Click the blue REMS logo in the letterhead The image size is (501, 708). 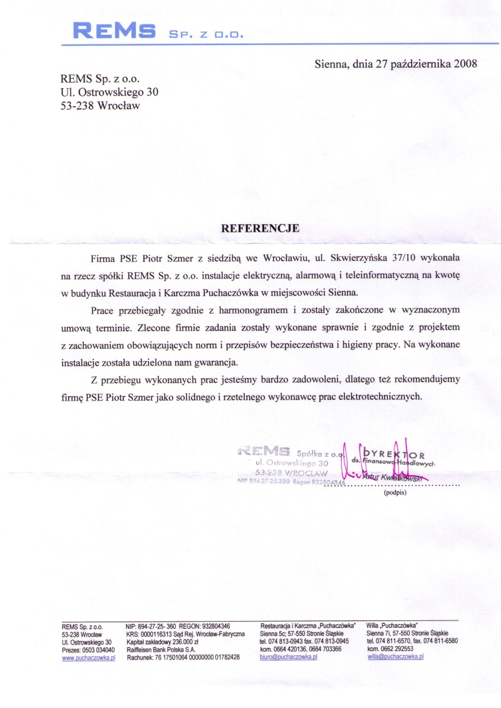[114, 30]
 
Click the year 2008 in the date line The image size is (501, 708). [465, 63]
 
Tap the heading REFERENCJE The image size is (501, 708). [261, 228]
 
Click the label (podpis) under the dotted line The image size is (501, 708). [395, 493]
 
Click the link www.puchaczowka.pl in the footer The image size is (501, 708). [88, 657]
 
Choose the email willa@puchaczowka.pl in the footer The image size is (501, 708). [395, 657]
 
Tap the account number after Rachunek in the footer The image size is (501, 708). [197, 657]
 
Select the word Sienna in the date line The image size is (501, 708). [329, 63]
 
